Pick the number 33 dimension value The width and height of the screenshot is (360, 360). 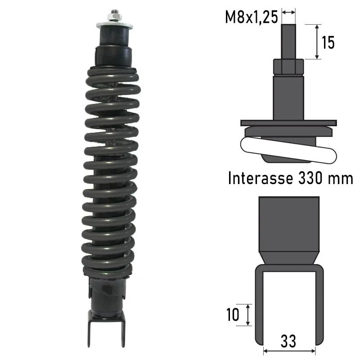[288, 341]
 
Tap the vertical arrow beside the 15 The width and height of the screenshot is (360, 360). [317, 42]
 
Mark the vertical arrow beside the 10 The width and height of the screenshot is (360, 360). [248, 315]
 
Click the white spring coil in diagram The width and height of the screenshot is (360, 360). [288, 150]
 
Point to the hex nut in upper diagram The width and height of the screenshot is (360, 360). [288, 67]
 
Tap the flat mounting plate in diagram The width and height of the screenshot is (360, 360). [288, 122]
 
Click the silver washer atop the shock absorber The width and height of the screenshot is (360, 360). [114, 25]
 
